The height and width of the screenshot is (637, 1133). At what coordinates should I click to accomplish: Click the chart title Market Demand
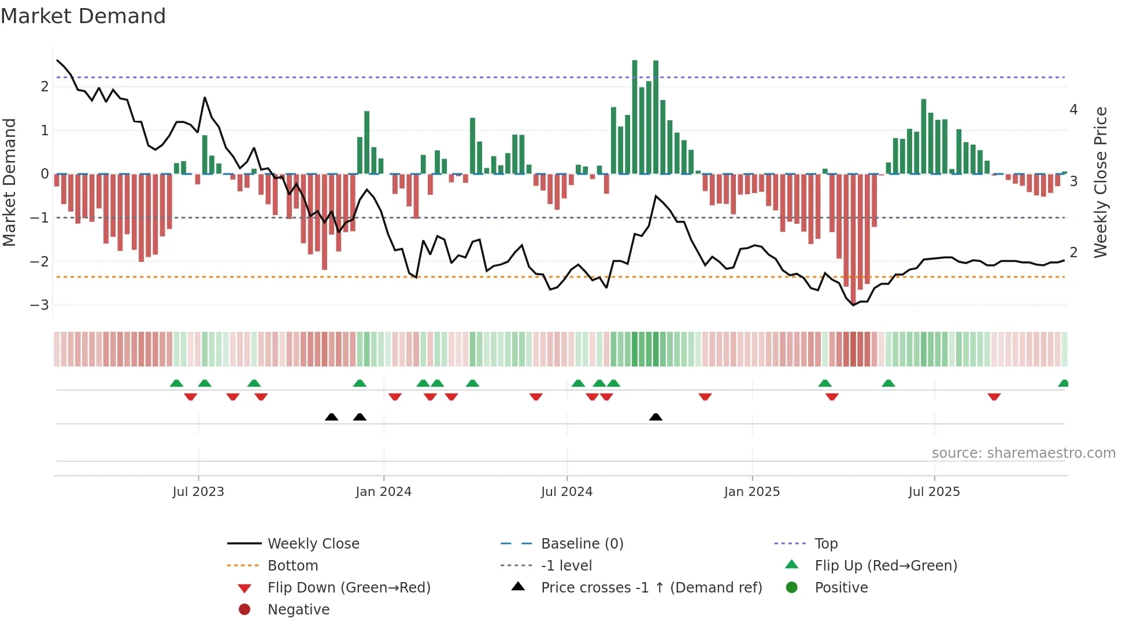pyautogui.click(x=83, y=16)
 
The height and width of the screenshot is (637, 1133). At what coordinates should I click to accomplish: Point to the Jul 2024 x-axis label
pyautogui.click(x=566, y=492)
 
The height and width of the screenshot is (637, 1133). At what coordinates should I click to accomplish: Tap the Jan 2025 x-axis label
pyautogui.click(x=751, y=492)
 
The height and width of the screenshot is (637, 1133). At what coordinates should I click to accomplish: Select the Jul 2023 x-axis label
pyautogui.click(x=198, y=492)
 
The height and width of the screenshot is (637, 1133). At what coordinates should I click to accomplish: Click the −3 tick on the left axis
pyautogui.click(x=40, y=305)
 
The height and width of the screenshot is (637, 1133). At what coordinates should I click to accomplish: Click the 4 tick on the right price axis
pyautogui.click(x=1073, y=110)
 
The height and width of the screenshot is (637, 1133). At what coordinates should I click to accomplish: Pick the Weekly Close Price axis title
pyautogui.click(x=1101, y=182)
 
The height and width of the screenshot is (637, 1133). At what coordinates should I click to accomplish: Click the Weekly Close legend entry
pyautogui.click(x=313, y=544)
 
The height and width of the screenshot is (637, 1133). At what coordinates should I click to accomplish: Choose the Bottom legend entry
pyautogui.click(x=292, y=566)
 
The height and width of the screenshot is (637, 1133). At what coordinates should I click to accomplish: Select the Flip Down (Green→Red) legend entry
pyautogui.click(x=349, y=588)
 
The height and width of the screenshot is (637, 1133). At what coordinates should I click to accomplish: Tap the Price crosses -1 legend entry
pyautogui.click(x=651, y=588)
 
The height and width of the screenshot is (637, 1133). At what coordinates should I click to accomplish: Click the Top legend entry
pyautogui.click(x=826, y=544)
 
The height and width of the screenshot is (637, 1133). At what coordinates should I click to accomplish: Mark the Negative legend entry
pyautogui.click(x=298, y=610)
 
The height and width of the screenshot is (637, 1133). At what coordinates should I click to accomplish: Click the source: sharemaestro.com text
pyautogui.click(x=1023, y=453)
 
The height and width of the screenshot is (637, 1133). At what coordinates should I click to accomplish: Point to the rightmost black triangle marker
pyautogui.click(x=656, y=417)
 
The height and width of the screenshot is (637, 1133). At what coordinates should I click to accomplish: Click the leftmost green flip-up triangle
pyautogui.click(x=176, y=383)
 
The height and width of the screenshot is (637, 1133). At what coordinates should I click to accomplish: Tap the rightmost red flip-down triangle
pyautogui.click(x=994, y=397)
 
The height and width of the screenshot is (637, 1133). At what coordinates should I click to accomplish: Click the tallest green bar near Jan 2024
pyautogui.click(x=366, y=142)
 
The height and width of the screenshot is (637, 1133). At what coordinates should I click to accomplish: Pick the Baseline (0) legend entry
pyautogui.click(x=582, y=544)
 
